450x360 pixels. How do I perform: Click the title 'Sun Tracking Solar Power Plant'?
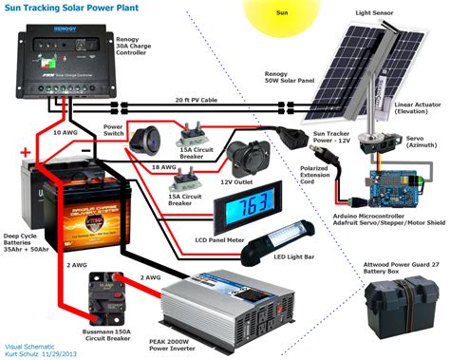[84, 9]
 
